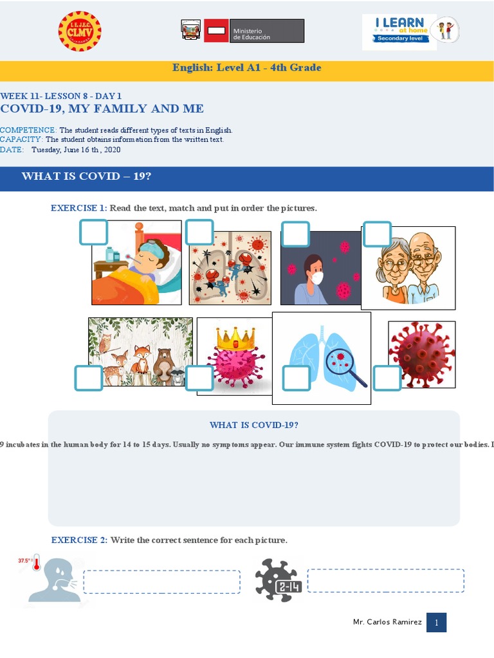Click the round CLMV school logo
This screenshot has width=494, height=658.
coord(80,31)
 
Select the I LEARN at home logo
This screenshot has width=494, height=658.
coord(410,31)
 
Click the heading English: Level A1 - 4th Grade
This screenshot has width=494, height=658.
coord(246,67)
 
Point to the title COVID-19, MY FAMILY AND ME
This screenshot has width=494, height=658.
coord(102,109)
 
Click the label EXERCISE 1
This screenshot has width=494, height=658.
coord(78,208)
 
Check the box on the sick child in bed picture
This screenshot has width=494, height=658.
coord(93,233)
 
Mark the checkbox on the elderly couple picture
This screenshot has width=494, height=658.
coord(377,235)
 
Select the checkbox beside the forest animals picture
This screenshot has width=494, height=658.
coord(88,378)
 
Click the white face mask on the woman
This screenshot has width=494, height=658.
coord(316,278)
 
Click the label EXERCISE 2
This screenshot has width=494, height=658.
coord(79,540)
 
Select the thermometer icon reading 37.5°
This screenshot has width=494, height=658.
coord(36,564)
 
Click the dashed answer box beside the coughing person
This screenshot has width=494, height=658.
coord(161,582)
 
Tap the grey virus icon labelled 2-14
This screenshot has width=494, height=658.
coord(277,579)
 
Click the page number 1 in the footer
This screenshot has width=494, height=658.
coord(436,622)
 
